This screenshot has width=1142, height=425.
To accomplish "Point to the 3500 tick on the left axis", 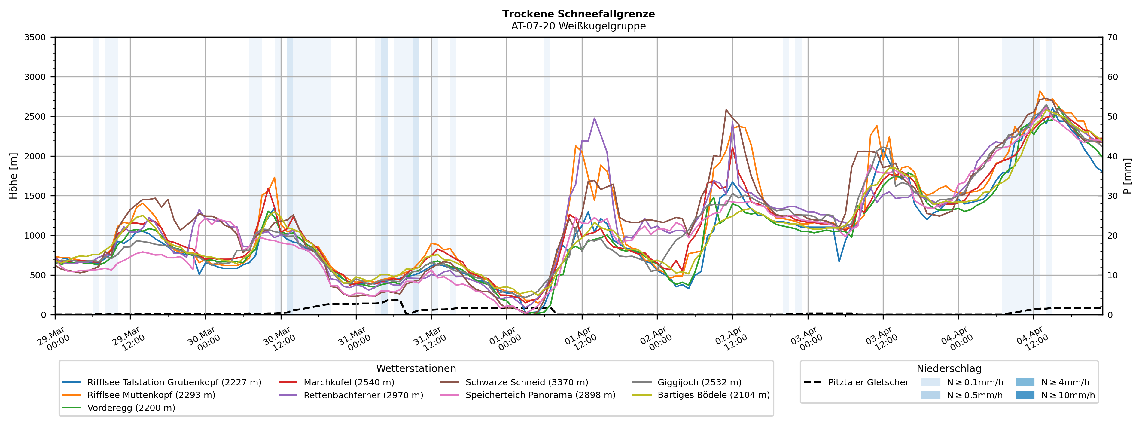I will click(35, 37).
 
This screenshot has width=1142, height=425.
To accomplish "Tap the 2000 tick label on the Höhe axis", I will click(35, 156).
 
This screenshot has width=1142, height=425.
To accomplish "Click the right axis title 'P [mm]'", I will click(1127, 176).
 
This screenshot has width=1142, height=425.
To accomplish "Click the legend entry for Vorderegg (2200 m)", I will click(131, 408).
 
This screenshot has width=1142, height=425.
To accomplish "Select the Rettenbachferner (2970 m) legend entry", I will click(363, 395).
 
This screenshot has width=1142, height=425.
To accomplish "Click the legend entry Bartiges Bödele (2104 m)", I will click(713, 395).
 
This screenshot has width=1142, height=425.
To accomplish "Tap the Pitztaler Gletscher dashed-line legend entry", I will click(868, 382).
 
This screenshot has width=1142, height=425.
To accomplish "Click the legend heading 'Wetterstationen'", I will click(416, 369).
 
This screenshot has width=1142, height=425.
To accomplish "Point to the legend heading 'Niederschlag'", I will click(949, 369).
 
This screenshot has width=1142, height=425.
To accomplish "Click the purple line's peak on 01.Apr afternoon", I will click(594, 118).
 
